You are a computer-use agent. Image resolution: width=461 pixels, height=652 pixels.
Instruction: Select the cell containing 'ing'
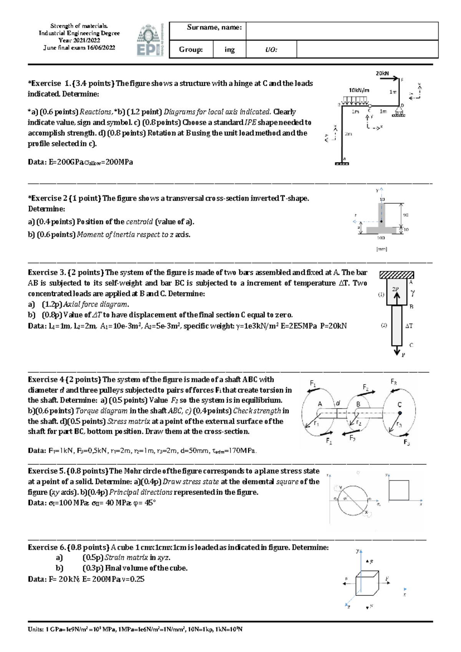[x=229, y=50]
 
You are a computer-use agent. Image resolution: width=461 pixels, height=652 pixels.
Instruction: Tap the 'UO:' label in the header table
[x=271, y=50]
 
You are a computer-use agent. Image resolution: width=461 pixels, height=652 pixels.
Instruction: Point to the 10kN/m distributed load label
[x=359, y=90]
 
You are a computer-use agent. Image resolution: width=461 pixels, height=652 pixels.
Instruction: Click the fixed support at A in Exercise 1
[x=342, y=163]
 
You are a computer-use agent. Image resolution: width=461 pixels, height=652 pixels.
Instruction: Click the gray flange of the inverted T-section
[x=381, y=230]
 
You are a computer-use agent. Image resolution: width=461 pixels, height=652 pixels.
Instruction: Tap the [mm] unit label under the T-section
[x=381, y=249]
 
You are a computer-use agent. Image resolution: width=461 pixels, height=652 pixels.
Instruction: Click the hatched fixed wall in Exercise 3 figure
[x=396, y=275]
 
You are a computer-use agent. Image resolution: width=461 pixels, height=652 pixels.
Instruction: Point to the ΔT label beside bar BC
[x=409, y=326]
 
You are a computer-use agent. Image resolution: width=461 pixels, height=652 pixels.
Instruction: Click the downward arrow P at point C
[x=397, y=351]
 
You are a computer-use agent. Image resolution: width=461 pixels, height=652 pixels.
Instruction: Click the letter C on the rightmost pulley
[x=400, y=404]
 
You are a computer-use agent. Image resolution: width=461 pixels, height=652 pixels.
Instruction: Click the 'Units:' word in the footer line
[x=36, y=630]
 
